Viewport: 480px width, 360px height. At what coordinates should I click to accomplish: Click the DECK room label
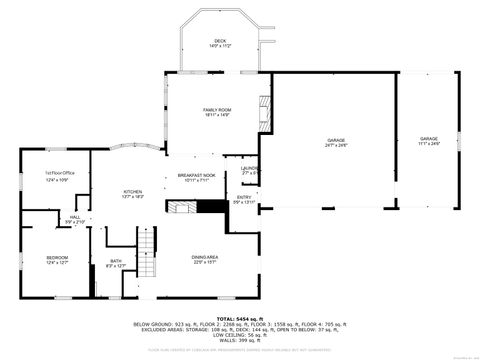coord(219,43)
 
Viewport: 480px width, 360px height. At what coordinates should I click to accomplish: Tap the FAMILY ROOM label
coord(217,111)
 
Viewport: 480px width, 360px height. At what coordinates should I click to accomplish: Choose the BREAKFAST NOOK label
coord(197,178)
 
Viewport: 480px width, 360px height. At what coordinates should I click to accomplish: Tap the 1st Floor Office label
coord(56,176)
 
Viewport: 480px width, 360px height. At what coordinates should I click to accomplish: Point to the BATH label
coord(116,264)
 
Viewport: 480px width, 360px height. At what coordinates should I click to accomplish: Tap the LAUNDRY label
coord(249,170)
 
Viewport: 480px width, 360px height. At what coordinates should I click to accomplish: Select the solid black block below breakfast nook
coord(211,207)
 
